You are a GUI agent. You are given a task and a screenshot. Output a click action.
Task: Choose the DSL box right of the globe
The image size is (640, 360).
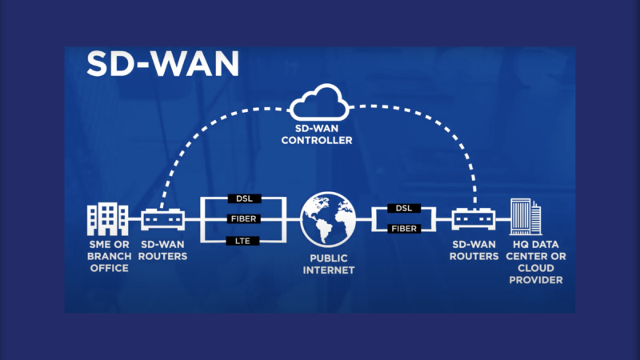(x=403, y=208)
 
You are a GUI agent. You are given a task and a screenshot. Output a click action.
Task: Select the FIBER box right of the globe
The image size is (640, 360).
(x=403, y=228)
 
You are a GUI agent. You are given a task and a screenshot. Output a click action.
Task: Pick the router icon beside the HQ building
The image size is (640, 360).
(x=473, y=218)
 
